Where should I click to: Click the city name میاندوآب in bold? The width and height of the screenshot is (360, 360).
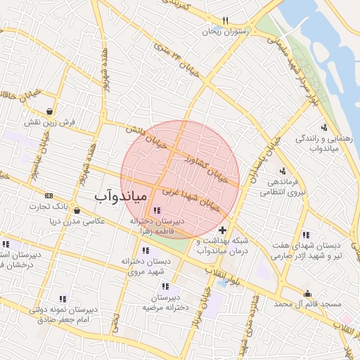coord(120,196)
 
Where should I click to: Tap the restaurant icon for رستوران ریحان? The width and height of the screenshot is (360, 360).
coord(225,20)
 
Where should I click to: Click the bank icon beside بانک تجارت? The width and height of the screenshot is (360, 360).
coord(49,195)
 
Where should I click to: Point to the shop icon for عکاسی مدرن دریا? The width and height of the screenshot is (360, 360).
coord(77,210)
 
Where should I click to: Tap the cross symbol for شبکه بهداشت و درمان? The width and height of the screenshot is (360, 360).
coord(223,230)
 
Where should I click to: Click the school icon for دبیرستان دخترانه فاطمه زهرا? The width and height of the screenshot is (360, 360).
coord(156,210)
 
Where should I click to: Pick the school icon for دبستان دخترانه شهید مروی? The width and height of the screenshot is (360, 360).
coord(145,250)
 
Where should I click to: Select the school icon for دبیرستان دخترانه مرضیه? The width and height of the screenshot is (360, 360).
coord(165,286)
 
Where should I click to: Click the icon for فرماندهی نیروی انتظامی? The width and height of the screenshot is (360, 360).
coord(283,171)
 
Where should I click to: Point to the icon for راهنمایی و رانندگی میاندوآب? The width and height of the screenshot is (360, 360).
coord(324,127)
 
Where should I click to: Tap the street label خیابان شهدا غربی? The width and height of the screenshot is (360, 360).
coord(195,198)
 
